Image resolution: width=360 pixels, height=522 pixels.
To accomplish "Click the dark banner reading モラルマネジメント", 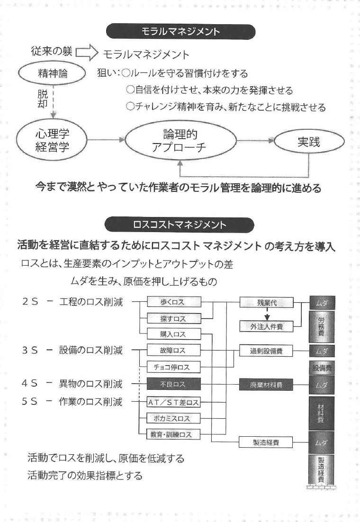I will [181, 32].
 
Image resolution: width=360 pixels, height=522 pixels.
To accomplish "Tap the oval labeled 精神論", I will [51, 74].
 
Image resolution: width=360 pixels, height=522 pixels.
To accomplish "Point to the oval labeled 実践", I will [309, 143].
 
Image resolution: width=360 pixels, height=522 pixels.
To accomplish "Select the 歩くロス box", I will [174, 302].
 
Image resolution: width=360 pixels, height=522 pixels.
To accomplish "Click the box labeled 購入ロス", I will [174, 334].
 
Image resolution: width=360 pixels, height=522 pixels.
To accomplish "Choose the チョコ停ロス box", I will [174, 367].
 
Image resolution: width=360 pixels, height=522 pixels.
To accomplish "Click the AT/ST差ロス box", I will [174, 403].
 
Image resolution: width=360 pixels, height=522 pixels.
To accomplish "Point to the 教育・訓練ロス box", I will [174, 434].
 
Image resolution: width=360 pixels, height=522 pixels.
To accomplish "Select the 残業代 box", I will [267, 302].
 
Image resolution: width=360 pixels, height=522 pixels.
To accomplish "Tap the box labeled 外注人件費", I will [267, 326].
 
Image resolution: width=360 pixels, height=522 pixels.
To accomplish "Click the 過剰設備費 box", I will [267, 351].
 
